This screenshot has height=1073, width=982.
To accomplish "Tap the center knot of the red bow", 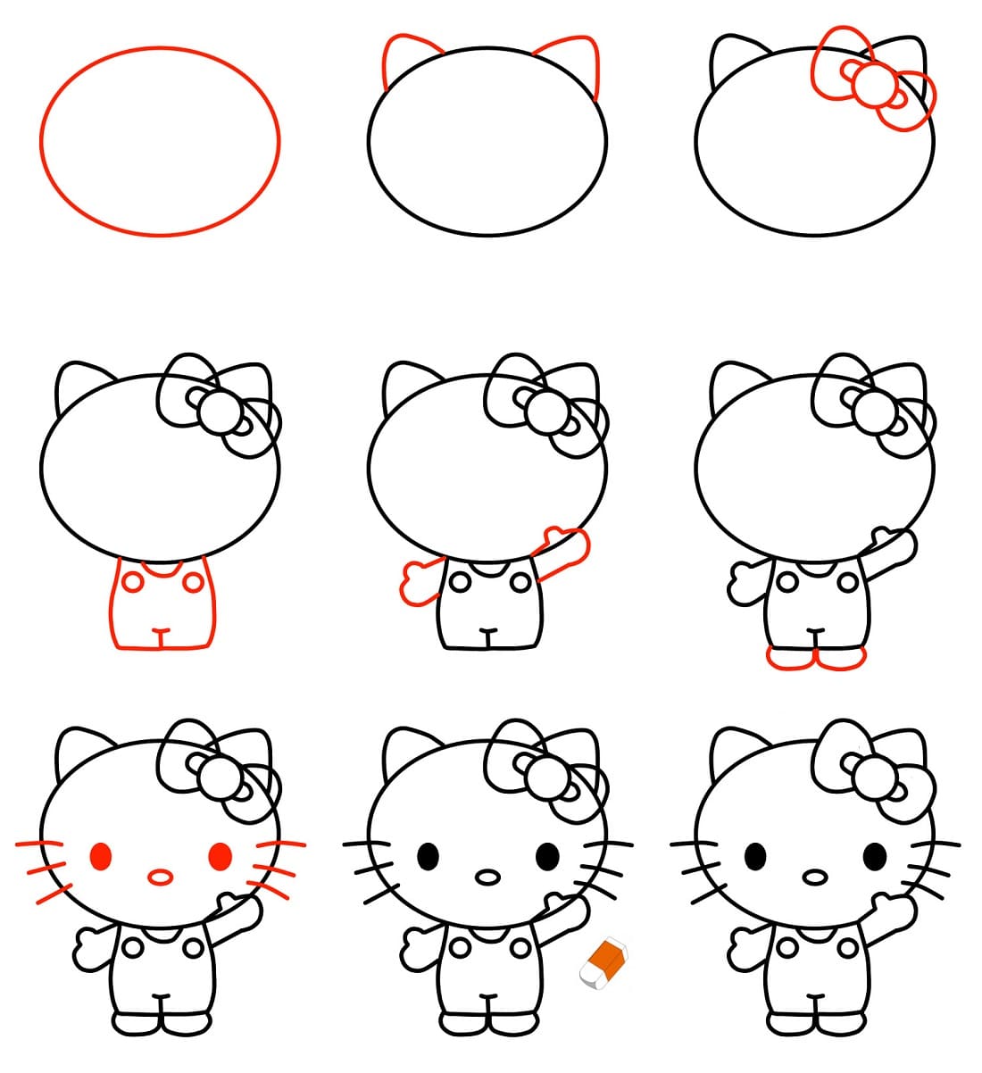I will tap(871, 87).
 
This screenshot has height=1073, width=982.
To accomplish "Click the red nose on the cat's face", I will tap(160, 877).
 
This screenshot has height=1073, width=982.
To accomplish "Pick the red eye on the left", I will tap(101, 856).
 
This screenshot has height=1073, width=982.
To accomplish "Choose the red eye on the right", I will tap(220, 856).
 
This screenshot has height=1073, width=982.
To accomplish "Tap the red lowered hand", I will tap(418, 583).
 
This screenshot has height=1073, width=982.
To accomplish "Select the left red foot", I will tap(790, 658).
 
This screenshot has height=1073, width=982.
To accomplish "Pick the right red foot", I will tap(841, 658).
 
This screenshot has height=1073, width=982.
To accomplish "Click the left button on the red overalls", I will tap(132, 583).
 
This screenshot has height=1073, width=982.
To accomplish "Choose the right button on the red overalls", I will tap(192, 583).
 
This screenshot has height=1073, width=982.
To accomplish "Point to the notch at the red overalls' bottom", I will tap(160, 636).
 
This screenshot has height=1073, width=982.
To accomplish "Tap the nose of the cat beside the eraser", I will tap(487, 877).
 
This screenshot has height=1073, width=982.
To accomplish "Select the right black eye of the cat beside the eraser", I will tap(547, 856).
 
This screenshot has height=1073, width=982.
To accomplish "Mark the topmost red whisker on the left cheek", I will tap(37, 843).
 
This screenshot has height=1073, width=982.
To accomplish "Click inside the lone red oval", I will tap(160, 141).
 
